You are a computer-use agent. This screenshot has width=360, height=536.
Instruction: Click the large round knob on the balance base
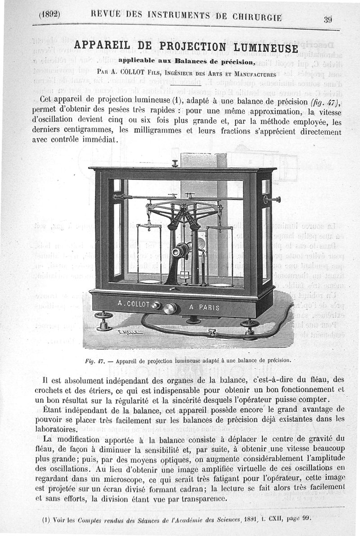click(170, 308)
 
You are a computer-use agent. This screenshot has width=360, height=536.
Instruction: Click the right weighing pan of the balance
click(220, 284)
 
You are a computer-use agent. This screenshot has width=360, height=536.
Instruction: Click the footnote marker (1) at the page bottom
click(45, 518)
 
